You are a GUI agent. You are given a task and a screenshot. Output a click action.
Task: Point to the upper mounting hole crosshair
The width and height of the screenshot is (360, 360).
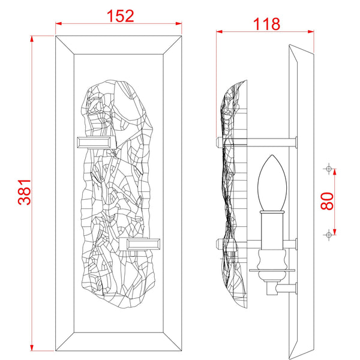[328, 169]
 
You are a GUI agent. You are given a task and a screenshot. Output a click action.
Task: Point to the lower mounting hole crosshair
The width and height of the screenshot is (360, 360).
[328, 233]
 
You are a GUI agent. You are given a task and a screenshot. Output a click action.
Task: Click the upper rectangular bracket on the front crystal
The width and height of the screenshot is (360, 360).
[94, 142]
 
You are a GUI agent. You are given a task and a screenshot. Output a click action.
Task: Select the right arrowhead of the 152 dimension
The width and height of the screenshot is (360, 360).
[179, 24]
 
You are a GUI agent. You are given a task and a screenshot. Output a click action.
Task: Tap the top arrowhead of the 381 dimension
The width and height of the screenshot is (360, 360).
[32, 38]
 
